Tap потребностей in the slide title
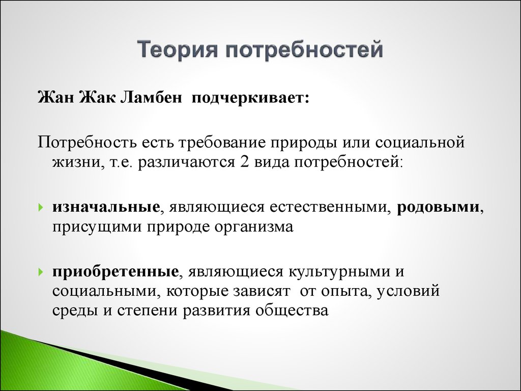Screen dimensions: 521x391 (x=305, y=50)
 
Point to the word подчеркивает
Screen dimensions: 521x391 (x=250, y=99)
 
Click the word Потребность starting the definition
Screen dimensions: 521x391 (x=88, y=143)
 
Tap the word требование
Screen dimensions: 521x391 (x=222, y=143)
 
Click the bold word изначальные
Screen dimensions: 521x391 (x=106, y=207)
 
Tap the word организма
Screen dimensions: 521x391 (x=254, y=227)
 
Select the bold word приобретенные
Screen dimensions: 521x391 (x=115, y=272)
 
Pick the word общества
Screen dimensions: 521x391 (x=292, y=311)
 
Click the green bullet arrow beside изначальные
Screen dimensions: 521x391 (x=41, y=208)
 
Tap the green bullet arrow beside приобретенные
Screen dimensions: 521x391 (x=41, y=272)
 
